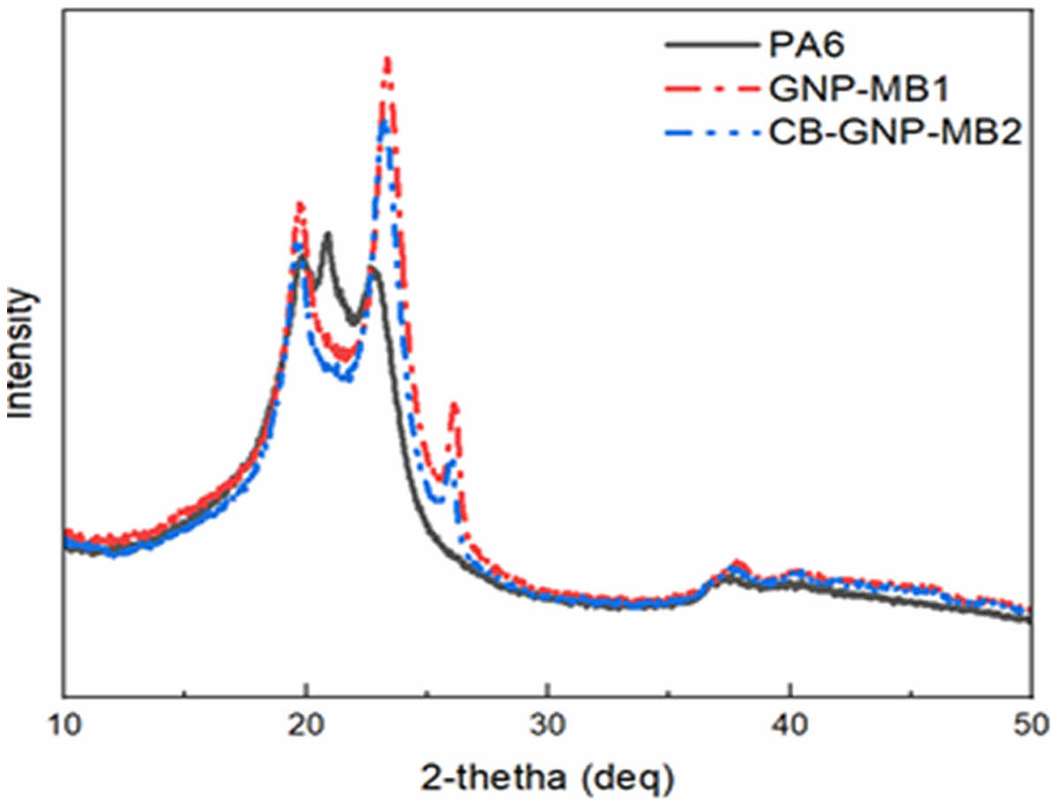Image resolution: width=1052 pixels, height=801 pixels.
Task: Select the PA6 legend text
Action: click(791, 42)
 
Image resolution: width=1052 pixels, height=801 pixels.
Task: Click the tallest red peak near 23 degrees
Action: click(387, 60)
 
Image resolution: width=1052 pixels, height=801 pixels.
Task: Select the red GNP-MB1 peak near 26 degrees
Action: click(455, 405)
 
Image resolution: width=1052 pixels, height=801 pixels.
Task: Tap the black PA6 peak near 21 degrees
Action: click(327, 235)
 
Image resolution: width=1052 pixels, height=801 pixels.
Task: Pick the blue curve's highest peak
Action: click(384, 124)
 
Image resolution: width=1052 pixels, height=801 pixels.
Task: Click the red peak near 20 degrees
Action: click(300, 204)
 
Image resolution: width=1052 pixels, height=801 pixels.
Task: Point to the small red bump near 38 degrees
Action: click(737, 563)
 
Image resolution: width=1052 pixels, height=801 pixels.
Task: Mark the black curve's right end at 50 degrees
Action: click(1029, 620)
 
